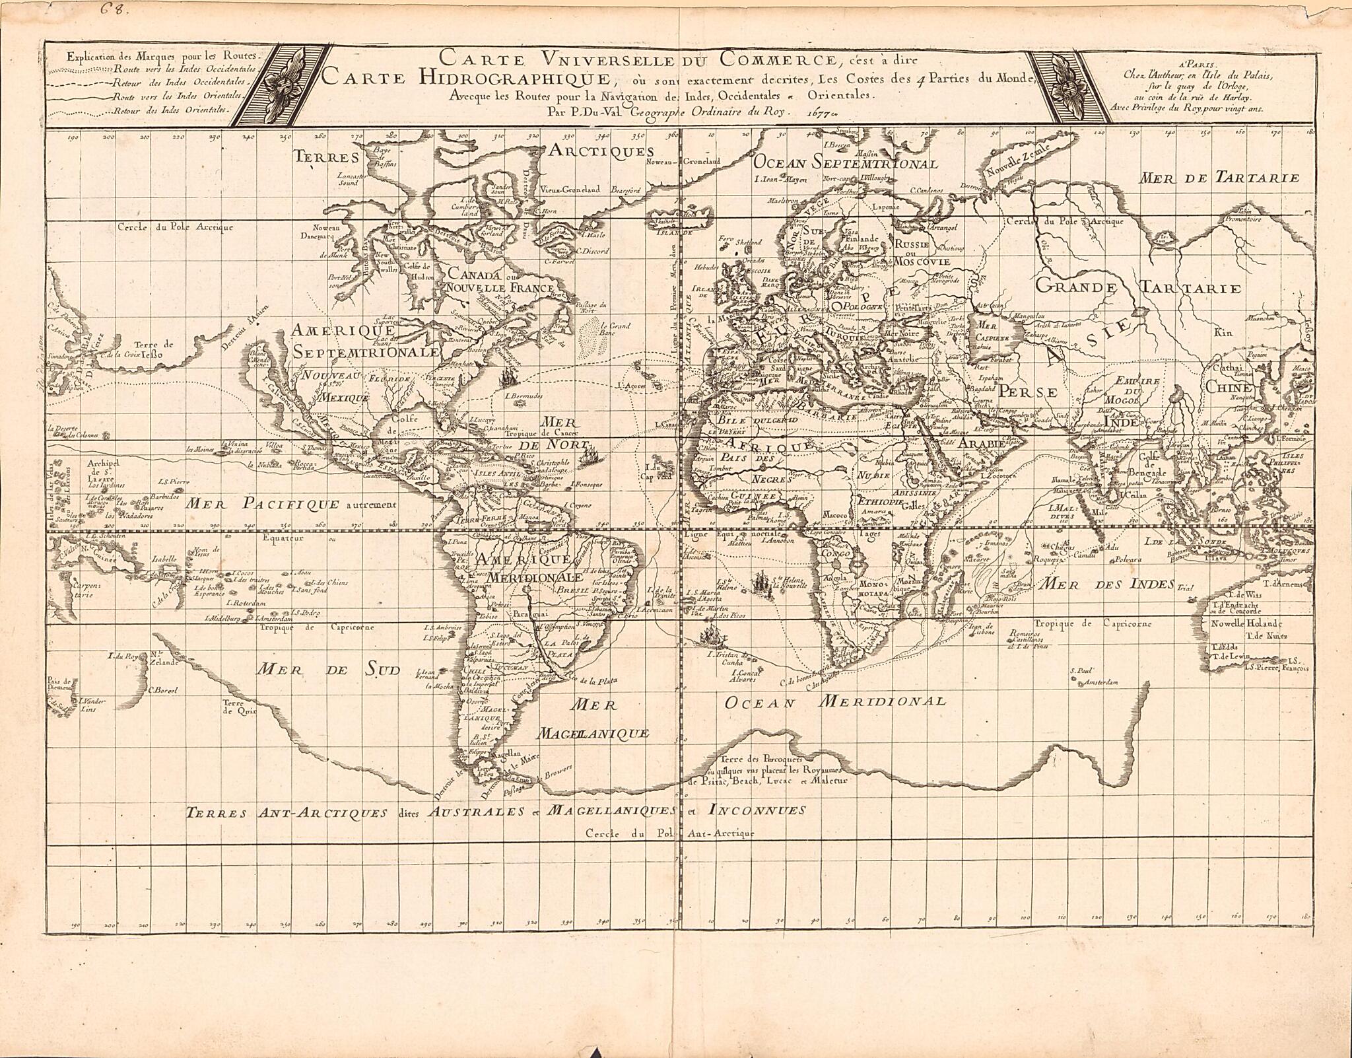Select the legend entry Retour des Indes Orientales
coord(171,110)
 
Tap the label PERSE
coord(1028,391)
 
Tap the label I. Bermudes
coord(524,396)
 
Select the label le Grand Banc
coord(615,329)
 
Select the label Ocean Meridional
coord(835,701)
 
